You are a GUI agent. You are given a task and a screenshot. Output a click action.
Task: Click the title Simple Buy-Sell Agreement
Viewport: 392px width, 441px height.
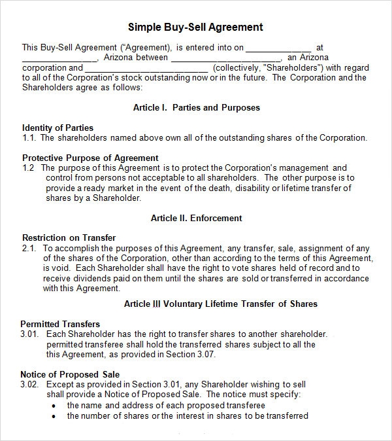click(x=196, y=27)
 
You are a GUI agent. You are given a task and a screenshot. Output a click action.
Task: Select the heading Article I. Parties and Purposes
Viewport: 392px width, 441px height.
click(x=196, y=107)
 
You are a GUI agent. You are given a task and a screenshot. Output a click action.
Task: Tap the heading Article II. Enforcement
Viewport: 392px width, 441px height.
click(x=196, y=218)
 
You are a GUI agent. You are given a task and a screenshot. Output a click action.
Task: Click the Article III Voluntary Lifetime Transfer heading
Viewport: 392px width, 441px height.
click(x=220, y=304)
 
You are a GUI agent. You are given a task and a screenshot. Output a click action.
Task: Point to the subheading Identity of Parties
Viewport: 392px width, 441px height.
click(x=57, y=128)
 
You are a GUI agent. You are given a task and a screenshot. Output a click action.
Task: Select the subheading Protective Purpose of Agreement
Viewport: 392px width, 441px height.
click(x=90, y=158)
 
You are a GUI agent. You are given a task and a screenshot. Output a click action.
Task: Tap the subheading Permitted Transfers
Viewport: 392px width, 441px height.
click(x=60, y=324)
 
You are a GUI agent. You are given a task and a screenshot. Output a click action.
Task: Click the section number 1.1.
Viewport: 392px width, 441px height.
click(x=28, y=138)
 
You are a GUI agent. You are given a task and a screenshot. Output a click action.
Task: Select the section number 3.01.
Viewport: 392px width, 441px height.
click(x=30, y=334)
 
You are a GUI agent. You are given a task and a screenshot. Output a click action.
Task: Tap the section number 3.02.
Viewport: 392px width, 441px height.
click(x=30, y=384)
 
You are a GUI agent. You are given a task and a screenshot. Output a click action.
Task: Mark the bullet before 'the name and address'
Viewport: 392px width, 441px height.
click(x=53, y=406)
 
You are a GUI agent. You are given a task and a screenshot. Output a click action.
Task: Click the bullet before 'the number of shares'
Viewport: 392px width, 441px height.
click(x=53, y=416)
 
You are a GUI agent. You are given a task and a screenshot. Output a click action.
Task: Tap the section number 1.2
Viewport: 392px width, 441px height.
click(x=28, y=168)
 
